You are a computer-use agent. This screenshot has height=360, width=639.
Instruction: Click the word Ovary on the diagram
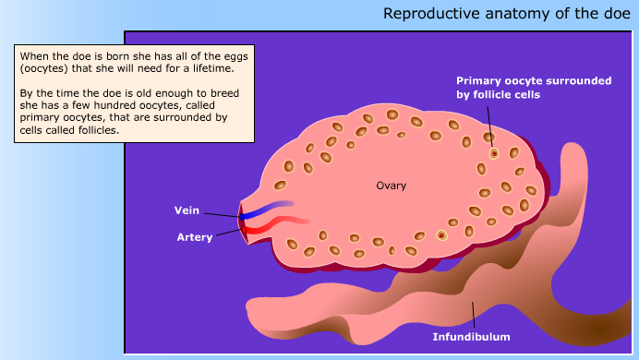coord(391,186)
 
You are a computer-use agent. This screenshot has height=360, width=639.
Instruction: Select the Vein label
coord(187,210)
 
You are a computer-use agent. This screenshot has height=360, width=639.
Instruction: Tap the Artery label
coord(195,237)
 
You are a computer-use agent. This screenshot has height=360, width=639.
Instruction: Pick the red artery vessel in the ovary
coord(277,223)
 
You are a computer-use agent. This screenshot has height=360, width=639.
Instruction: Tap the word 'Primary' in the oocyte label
coord(482,81)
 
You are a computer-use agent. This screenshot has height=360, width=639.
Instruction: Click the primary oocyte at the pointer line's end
coord(494,153)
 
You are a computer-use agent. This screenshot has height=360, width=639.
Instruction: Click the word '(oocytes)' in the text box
coord(43,68)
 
